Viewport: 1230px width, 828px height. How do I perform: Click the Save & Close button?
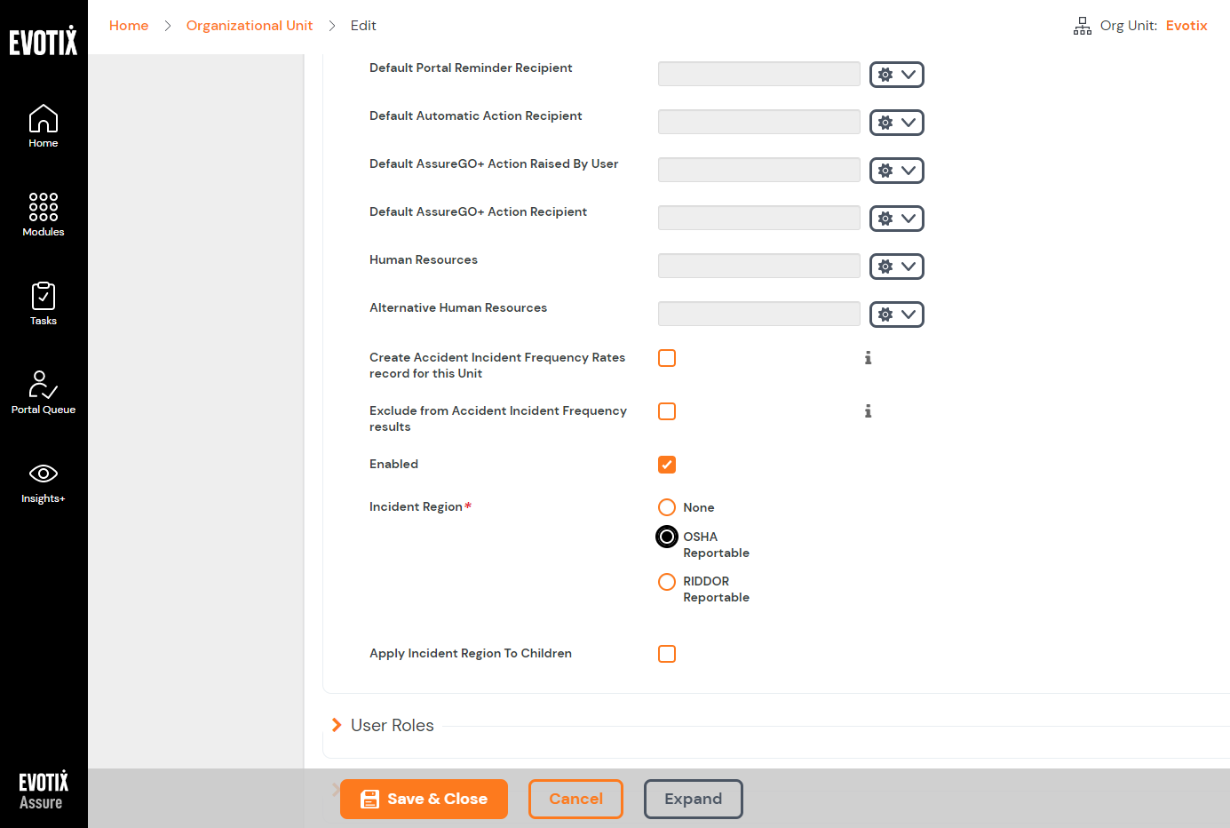tap(424, 799)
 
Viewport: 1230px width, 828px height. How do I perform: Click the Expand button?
tap(693, 799)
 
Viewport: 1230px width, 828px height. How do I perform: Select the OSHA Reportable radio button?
tap(667, 537)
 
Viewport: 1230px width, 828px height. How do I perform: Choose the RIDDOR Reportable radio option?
tap(667, 582)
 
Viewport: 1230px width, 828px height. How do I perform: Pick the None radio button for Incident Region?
tap(667, 507)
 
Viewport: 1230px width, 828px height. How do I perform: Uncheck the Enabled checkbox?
tap(667, 465)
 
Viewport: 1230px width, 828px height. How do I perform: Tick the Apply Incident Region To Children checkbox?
tap(667, 654)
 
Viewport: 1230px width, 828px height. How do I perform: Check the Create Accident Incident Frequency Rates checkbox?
tap(667, 358)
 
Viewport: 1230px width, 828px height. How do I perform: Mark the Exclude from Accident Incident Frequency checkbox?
tap(667, 411)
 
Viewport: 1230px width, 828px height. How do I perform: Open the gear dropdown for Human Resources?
tap(896, 267)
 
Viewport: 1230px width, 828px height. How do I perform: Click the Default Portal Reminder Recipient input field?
tap(758, 74)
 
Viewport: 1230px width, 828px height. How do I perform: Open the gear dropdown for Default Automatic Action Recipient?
tap(896, 123)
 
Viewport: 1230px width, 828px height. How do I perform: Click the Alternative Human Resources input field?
tap(758, 314)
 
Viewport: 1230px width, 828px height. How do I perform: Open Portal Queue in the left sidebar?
tap(44, 392)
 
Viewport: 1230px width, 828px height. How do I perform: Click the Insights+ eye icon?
tap(44, 474)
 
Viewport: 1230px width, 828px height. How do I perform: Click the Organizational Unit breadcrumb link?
tap(250, 26)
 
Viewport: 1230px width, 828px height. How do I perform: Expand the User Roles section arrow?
tap(337, 725)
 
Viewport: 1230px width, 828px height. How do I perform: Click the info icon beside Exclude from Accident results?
tap(868, 411)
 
